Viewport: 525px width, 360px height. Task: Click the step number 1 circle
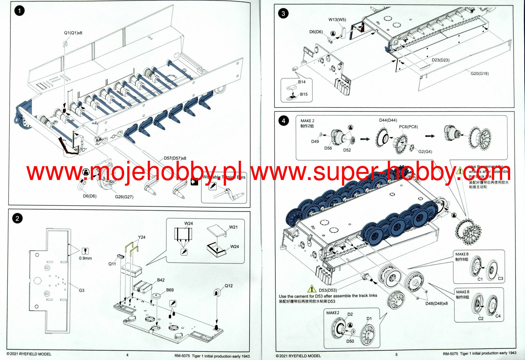(x=19, y=11)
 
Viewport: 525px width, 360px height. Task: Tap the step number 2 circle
(x=17, y=218)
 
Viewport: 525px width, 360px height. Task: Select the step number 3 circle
(x=283, y=13)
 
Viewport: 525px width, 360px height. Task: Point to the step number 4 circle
(x=283, y=121)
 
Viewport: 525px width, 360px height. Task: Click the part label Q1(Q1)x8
(x=73, y=33)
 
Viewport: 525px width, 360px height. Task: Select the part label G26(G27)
(x=124, y=197)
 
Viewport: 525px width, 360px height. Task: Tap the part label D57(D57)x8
(x=175, y=158)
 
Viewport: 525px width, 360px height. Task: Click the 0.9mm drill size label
(x=85, y=258)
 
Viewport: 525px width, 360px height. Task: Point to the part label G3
(x=82, y=291)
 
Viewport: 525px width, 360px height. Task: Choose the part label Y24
(x=142, y=237)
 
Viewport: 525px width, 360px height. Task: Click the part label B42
(x=161, y=280)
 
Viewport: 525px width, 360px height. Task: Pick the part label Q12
(x=229, y=286)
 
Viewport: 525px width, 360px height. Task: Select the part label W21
(x=233, y=227)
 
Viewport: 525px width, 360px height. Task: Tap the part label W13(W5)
(x=337, y=19)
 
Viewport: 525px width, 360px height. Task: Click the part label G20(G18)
(x=480, y=74)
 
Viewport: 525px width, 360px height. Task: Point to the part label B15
(x=304, y=94)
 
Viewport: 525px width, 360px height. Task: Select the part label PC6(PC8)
(x=408, y=127)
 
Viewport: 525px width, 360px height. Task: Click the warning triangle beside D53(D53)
(x=312, y=289)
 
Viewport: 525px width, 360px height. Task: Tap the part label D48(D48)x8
(x=437, y=304)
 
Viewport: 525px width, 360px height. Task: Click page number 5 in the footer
(x=397, y=355)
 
